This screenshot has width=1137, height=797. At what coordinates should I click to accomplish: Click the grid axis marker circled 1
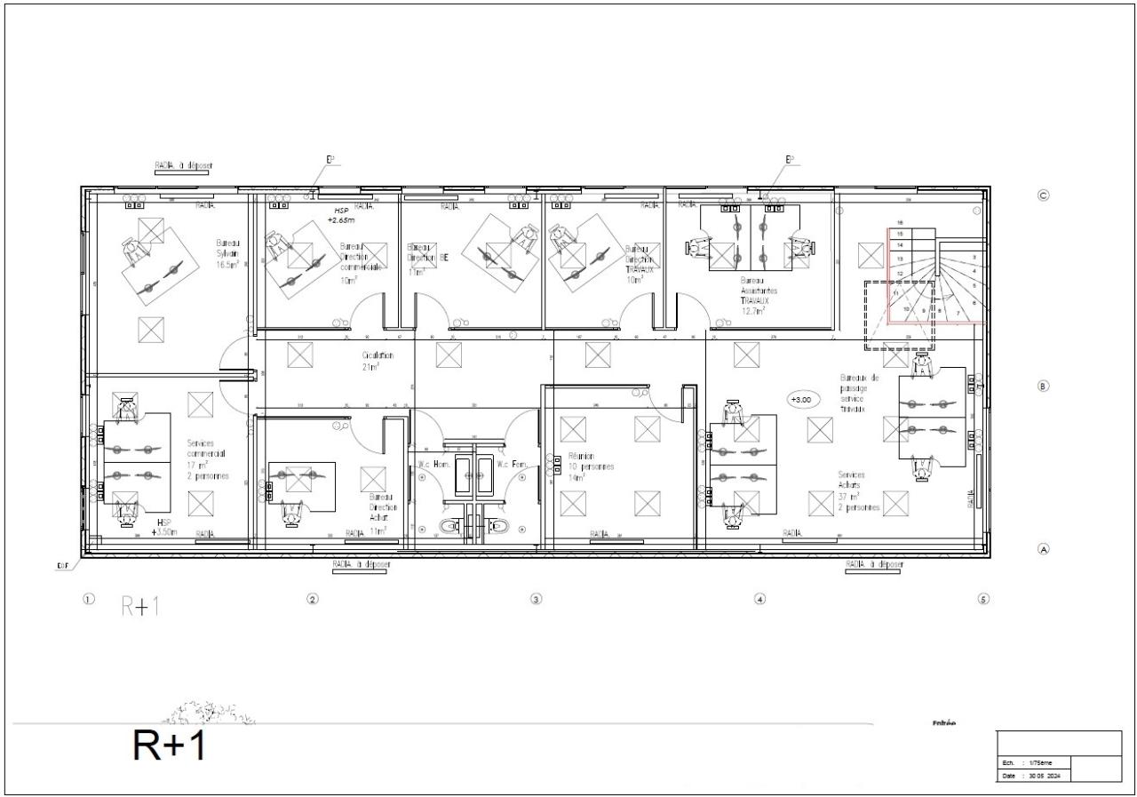tap(88, 599)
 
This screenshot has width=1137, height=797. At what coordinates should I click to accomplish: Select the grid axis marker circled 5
tap(983, 599)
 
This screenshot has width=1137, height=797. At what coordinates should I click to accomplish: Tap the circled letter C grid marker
tap(1044, 195)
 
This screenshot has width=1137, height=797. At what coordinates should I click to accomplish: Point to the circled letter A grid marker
tap(1044, 550)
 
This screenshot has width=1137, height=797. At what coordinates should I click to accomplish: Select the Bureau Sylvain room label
tap(228, 253)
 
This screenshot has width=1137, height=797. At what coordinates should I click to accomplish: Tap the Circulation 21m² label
tap(377, 361)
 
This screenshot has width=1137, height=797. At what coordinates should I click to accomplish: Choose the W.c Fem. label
tap(513, 464)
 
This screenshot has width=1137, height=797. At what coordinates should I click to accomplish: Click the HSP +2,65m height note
tap(341, 215)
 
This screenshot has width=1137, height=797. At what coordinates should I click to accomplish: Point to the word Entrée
tap(944, 723)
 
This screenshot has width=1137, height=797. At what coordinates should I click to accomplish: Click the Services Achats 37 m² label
tap(858, 491)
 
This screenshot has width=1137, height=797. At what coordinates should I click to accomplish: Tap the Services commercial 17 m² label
tap(207, 458)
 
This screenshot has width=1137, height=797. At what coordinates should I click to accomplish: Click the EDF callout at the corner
tap(63, 565)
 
